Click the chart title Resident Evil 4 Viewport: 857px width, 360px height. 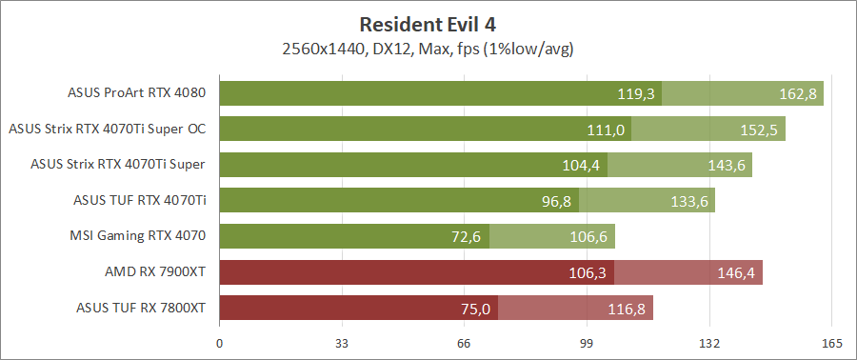(x=428, y=23)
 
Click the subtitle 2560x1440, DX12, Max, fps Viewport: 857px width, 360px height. (x=428, y=48)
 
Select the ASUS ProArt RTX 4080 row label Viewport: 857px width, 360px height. (x=137, y=93)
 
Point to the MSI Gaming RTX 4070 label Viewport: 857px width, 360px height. (x=138, y=235)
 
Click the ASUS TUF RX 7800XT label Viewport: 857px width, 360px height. (x=141, y=307)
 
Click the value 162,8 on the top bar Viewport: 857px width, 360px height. (x=797, y=94)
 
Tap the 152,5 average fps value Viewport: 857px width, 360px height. (x=759, y=130)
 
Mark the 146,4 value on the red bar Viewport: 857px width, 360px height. (x=736, y=272)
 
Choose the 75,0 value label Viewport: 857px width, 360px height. (x=475, y=308)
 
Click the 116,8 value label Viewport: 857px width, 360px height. (x=627, y=308)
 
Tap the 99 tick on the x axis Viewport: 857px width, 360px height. (x=587, y=344)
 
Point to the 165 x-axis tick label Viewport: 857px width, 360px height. (x=831, y=344)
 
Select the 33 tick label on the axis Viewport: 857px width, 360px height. (x=342, y=344)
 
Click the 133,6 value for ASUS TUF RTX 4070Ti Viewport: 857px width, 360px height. (x=688, y=201)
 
